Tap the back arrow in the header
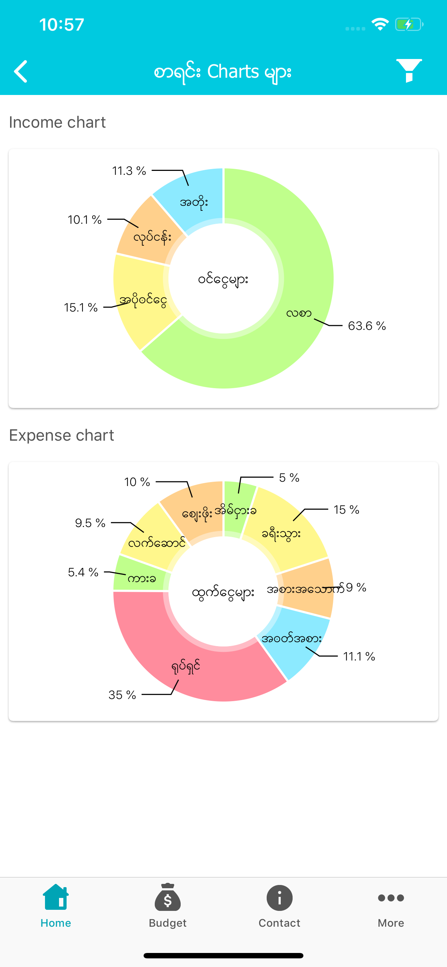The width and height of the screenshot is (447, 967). pos(21,71)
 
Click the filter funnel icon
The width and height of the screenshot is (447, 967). pos(409,71)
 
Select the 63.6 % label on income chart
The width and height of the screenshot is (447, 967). pos(367,326)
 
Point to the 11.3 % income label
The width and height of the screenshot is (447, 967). pos(129,171)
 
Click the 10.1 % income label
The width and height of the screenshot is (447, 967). pos(85,220)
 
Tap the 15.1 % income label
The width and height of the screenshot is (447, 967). pos(81,308)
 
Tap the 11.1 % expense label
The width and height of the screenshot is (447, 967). pos(359,657)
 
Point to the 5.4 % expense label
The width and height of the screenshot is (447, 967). pos(83,572)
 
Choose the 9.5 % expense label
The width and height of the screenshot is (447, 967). pos(90,523)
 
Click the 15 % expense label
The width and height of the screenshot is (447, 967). pos(346,510)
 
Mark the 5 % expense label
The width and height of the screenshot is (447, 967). pos(289,478)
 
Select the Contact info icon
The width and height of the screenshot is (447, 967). pos(280,898)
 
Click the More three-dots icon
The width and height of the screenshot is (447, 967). pos(391,898)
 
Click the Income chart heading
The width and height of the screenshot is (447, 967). pos(58,122)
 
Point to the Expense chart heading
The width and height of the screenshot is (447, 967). pos(62,435)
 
